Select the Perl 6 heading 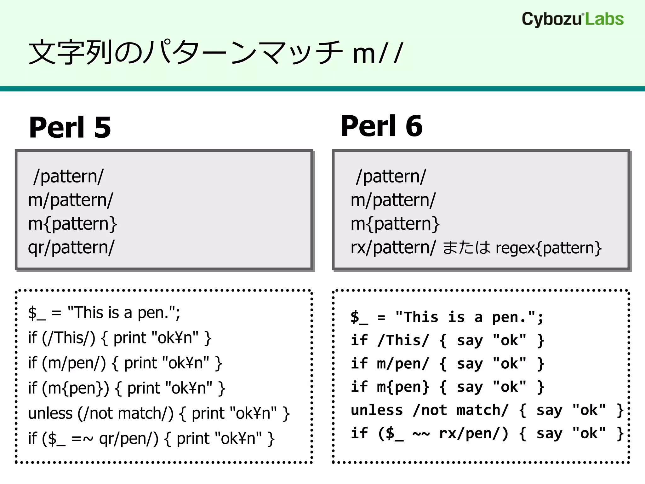381,126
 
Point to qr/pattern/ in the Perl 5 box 71,247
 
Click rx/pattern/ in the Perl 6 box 393,247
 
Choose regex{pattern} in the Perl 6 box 548,248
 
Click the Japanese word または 466,247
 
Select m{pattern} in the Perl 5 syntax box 73,224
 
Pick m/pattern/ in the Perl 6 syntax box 393,200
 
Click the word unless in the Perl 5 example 50,413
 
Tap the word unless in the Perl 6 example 377,410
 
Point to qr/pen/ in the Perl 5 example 129,438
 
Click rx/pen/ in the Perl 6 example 473,434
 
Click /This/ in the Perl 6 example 403,341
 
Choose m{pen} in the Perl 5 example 76,388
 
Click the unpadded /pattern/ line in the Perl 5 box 69,176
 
